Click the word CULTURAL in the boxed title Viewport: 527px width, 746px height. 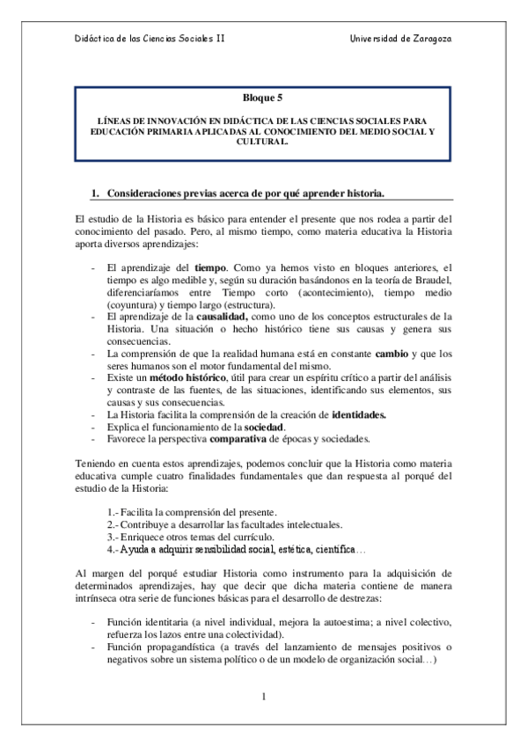point(263,141)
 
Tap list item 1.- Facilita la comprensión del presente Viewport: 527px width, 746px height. point(191,512)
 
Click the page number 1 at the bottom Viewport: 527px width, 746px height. point(263,698)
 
